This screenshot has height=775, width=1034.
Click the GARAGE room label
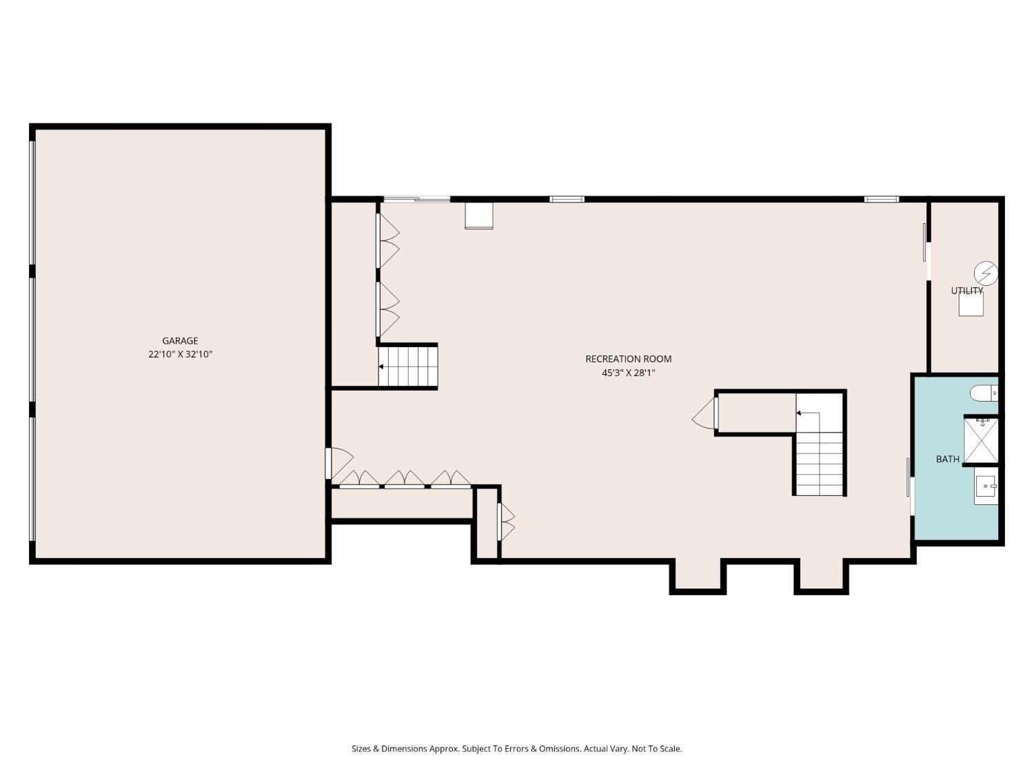pos(180,341)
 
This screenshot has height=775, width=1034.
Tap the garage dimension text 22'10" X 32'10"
pos(180,354)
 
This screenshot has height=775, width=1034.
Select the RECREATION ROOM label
pos(628,359)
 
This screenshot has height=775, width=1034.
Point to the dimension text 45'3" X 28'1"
pos(629,373)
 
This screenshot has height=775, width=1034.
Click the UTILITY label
pos(966,291)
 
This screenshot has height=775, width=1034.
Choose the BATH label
pos(947,459)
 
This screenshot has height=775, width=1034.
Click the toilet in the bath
pos(984,393)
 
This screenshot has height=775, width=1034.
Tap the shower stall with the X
pos(981,440)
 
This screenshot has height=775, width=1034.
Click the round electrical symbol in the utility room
pos(986,273)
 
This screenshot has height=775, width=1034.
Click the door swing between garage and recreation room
pos(340,463)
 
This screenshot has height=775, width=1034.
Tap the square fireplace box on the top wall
pos(478,216)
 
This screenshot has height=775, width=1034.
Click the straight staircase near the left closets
pos(407,366)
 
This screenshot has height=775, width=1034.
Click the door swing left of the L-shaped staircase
pos(704,413)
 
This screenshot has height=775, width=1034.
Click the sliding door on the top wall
pos(417,199)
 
